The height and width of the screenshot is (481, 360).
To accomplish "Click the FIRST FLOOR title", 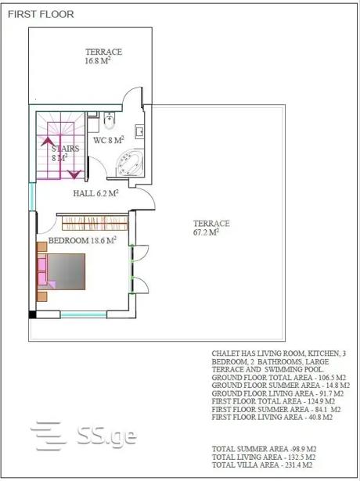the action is coord(41,14).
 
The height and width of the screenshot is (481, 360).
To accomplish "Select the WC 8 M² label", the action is coord(108,140).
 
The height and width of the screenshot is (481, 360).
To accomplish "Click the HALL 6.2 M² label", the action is coord(95,193).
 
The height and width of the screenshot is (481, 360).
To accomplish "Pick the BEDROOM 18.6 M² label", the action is coord(82,240).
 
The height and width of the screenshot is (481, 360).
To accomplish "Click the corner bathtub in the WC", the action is coord(130,163).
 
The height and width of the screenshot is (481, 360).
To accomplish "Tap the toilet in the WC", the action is coord(110,120).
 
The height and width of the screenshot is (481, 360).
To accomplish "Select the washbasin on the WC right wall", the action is coord(139,132).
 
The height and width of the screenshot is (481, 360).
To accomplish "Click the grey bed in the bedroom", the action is coord(66,271).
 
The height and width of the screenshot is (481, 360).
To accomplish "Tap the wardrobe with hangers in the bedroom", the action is coord(95,223).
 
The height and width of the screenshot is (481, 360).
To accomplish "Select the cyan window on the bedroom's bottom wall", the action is coord(84,314).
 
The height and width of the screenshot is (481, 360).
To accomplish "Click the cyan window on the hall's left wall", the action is coord(32,196).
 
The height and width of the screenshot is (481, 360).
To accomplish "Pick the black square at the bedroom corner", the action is coord(33,314).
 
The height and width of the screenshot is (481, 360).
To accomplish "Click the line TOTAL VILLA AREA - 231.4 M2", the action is coord(262,465).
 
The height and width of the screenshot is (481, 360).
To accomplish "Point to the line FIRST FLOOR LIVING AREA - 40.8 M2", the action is coord(272,417).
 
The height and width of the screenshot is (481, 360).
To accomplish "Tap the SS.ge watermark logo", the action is coord(84,436).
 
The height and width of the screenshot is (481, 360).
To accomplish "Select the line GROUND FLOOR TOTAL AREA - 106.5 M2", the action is coord(279,377).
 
